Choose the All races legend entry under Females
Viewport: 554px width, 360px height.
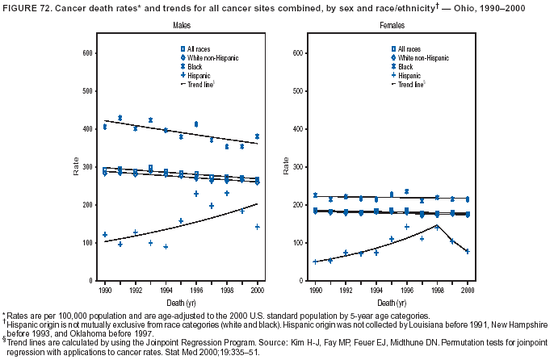pos(406,50)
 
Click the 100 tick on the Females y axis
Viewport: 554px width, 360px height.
pos(295,243)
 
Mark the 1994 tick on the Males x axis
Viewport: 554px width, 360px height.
pos(166,288)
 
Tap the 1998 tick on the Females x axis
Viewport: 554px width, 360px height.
pos(436,288)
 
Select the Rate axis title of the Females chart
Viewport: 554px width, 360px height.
pos(286,167)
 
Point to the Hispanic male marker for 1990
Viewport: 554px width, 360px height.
pos(105,235)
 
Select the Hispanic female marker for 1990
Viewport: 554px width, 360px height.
pos(315,262)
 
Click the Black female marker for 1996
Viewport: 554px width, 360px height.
pos(406,191)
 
